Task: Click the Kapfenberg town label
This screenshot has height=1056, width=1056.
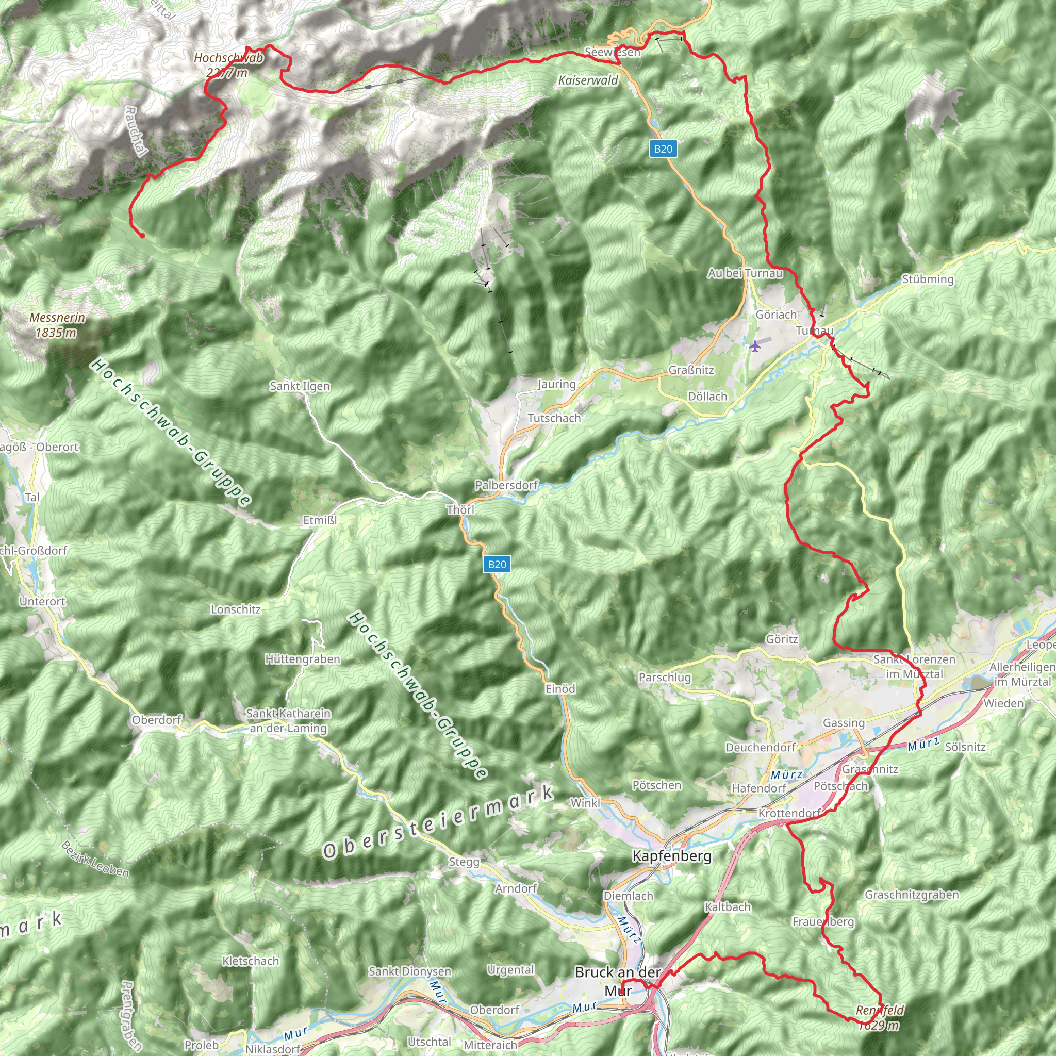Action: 672,855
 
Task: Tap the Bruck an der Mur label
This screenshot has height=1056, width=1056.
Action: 618,981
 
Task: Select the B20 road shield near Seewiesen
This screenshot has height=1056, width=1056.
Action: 663,148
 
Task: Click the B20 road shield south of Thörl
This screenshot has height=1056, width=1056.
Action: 497,564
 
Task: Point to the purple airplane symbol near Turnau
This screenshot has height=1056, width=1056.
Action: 755,346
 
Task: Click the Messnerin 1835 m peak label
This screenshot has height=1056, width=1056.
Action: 57,325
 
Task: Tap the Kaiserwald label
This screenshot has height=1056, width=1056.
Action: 588,80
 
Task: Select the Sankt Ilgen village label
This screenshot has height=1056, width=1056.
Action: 300,386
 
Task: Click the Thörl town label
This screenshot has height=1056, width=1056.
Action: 460,509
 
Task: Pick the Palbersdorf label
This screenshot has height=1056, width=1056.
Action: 507,485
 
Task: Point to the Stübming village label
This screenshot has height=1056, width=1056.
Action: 928,279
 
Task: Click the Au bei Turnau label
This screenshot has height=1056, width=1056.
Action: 745,273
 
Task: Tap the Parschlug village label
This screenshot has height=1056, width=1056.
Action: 665,677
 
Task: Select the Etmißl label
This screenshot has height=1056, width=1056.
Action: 320,520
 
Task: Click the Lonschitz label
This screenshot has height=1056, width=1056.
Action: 236,609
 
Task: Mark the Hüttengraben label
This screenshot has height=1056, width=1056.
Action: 302,659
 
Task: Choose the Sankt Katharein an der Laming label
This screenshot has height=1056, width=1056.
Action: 288,720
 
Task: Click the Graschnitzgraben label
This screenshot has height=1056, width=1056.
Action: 911,895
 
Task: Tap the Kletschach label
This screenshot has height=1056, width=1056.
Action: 250,960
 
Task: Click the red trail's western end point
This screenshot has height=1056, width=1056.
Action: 142,236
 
